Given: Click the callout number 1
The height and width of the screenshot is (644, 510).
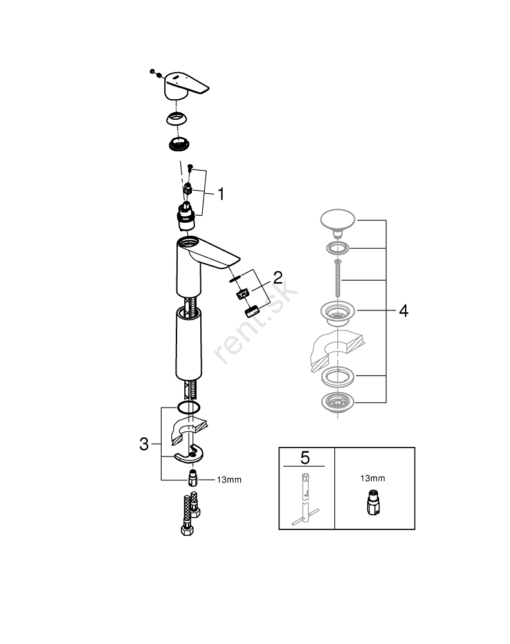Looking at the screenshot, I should [x=220, y=193].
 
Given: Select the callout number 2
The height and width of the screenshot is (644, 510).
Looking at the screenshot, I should [x=278, y=278].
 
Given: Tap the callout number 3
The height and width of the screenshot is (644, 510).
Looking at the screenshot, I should [x=145, y=444].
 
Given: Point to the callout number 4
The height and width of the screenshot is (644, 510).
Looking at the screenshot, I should [x=403, y=311].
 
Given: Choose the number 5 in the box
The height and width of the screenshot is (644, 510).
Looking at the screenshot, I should [x=305, y=458].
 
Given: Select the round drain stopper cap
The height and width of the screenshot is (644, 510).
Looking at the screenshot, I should [x=337, y=221].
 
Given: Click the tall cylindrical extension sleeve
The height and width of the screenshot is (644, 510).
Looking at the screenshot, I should [x=189, y=345].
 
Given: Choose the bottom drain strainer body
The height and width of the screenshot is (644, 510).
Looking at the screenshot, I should [x=337, y=404].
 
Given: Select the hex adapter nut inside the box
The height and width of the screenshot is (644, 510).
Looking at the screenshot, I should [x=372, y=504].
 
